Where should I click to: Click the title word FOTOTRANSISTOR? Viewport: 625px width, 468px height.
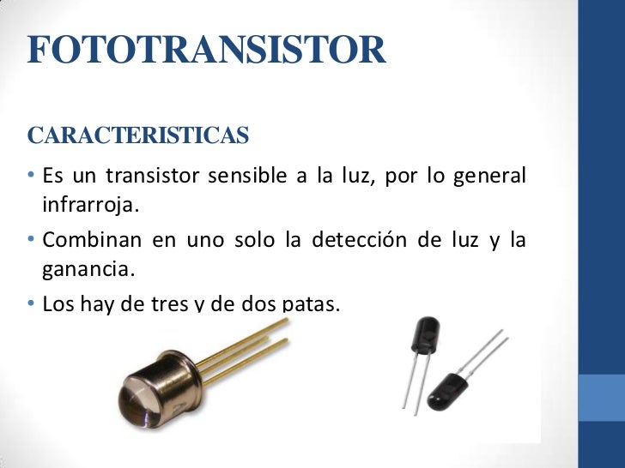pos(206,51)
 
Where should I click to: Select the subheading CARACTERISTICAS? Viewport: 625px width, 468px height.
pos(138,136)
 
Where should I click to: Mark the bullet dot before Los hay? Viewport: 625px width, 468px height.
pos(31,303)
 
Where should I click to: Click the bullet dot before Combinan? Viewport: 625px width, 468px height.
pos(31,240)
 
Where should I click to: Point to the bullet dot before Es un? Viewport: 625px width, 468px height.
pos(31,177)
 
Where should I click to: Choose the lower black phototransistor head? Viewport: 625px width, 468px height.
pos(452,391)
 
